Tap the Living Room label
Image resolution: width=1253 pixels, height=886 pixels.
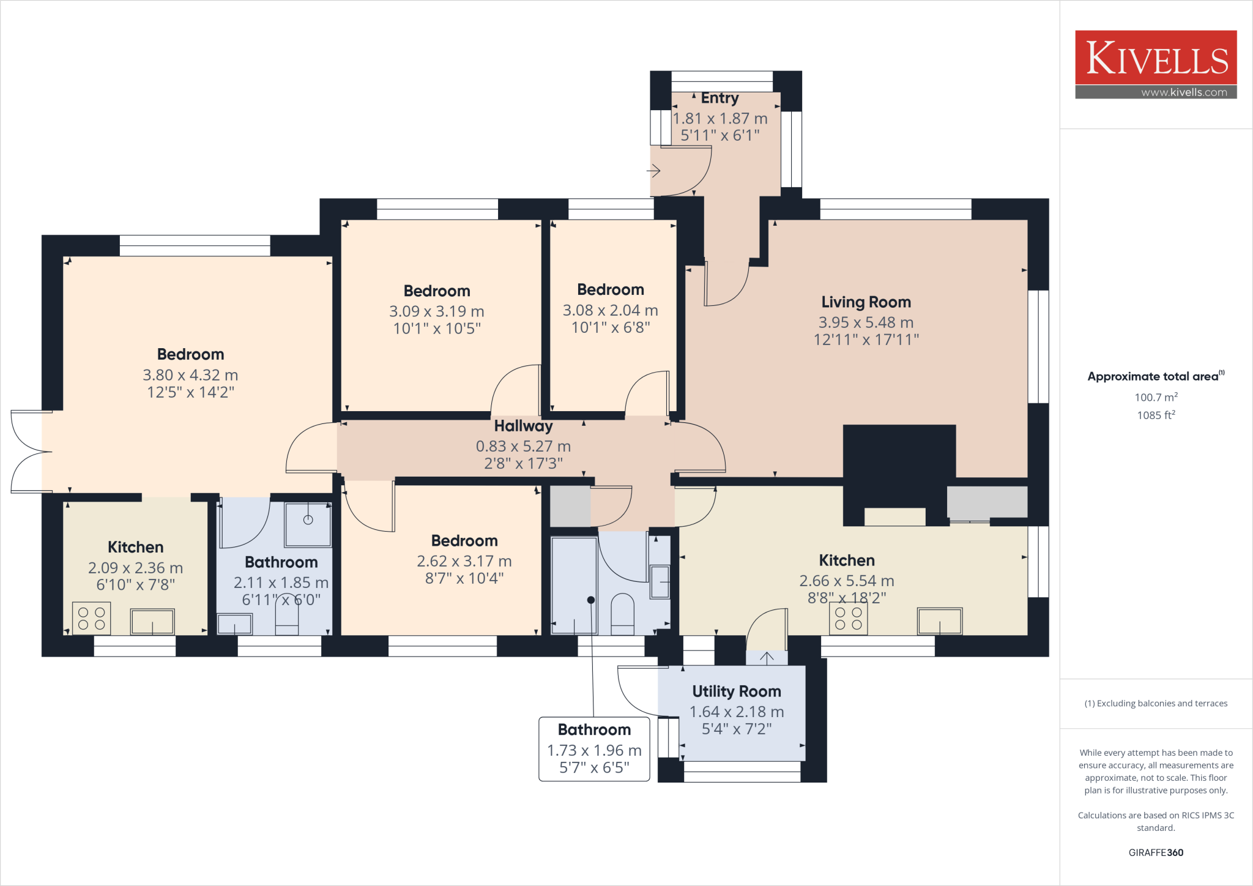[866, 302]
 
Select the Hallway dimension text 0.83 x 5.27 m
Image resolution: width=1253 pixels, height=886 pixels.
[523, 447]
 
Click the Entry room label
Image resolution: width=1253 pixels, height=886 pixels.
[719, 99]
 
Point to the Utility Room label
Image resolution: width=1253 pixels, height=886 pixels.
[736, 691]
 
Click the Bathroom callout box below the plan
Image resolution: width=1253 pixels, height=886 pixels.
[593, 749]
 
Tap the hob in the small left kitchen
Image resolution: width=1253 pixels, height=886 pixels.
[92, 619]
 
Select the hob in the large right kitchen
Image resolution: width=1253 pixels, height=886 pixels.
[848, 619]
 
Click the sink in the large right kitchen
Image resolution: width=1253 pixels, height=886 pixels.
[939, 621]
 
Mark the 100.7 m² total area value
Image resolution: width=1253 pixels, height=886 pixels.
[1156, 397]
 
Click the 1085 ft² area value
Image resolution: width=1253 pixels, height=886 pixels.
[1156, 415]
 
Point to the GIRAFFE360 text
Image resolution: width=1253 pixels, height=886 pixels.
[1156, 852]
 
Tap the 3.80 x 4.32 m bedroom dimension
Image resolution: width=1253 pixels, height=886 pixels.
[190, 375]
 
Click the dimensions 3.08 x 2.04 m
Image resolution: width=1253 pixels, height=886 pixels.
[610, 311]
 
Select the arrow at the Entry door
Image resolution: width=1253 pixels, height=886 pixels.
[653, 171]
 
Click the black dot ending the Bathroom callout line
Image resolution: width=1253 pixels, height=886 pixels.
[591, 600]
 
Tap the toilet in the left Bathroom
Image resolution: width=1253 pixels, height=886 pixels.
[287, 615]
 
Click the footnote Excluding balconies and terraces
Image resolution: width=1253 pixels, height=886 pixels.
[1156, 704]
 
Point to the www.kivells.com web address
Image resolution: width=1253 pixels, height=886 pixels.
[1184, 92]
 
